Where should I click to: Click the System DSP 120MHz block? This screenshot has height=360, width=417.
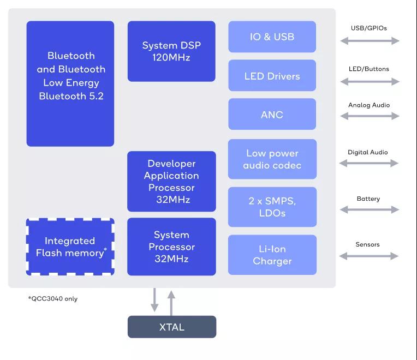[171, 51]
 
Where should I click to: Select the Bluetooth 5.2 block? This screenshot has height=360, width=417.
[70, 83]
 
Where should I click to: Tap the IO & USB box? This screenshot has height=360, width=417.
[272, 37]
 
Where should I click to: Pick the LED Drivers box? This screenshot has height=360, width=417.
[272, 76]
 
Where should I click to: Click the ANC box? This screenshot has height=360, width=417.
[272, 115]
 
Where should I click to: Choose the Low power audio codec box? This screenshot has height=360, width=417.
[272, 159]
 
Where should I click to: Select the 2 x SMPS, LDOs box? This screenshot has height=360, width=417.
[272, 207]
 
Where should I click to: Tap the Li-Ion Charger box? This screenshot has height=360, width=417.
[272, 255]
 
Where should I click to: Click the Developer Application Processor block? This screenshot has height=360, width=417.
[171, 181]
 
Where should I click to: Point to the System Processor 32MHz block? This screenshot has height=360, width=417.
[171, 247]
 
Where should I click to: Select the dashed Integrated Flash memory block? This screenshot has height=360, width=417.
[70, 247]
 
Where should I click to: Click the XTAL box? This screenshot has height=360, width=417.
[171, 327]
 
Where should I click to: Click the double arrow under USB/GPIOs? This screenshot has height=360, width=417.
[370, 40]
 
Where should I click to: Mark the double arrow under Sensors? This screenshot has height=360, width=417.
[369, 256]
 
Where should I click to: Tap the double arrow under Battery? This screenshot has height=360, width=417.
[370, 209]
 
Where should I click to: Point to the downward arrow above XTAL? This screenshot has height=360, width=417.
[155, 301]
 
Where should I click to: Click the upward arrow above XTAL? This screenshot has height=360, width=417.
[171, 302]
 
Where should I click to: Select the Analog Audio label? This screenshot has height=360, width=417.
[369, 105]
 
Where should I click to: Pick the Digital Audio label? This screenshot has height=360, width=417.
[368, 152]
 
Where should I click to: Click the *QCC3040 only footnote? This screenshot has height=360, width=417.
[53, 299]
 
